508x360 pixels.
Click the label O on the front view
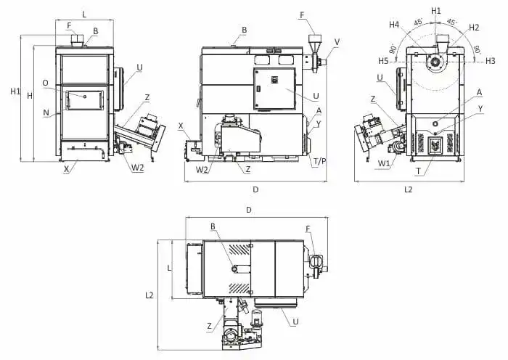(x=45, y=83)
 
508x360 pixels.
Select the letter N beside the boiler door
(x=46, y=112)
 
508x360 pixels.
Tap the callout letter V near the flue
(x=337, y=41)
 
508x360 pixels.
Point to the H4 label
(x=394, y=25)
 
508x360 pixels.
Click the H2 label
(x=474, y=27)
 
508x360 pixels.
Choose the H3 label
(x=491, y=61)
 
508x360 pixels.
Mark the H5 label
(x=383, y=61)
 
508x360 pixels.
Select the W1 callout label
(x=383, y=163)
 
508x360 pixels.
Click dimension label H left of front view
(x=30, y=95)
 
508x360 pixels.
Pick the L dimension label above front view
(x=84, y=14)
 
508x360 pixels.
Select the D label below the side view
(x=255, y=189)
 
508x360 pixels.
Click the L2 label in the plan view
(x=149, y=295)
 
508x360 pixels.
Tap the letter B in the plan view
(x=213, y=226)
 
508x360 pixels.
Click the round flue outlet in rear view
(x=435, y=62)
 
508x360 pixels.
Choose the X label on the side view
(x=181, y=125)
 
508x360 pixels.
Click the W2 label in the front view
(x=138, y=168)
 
